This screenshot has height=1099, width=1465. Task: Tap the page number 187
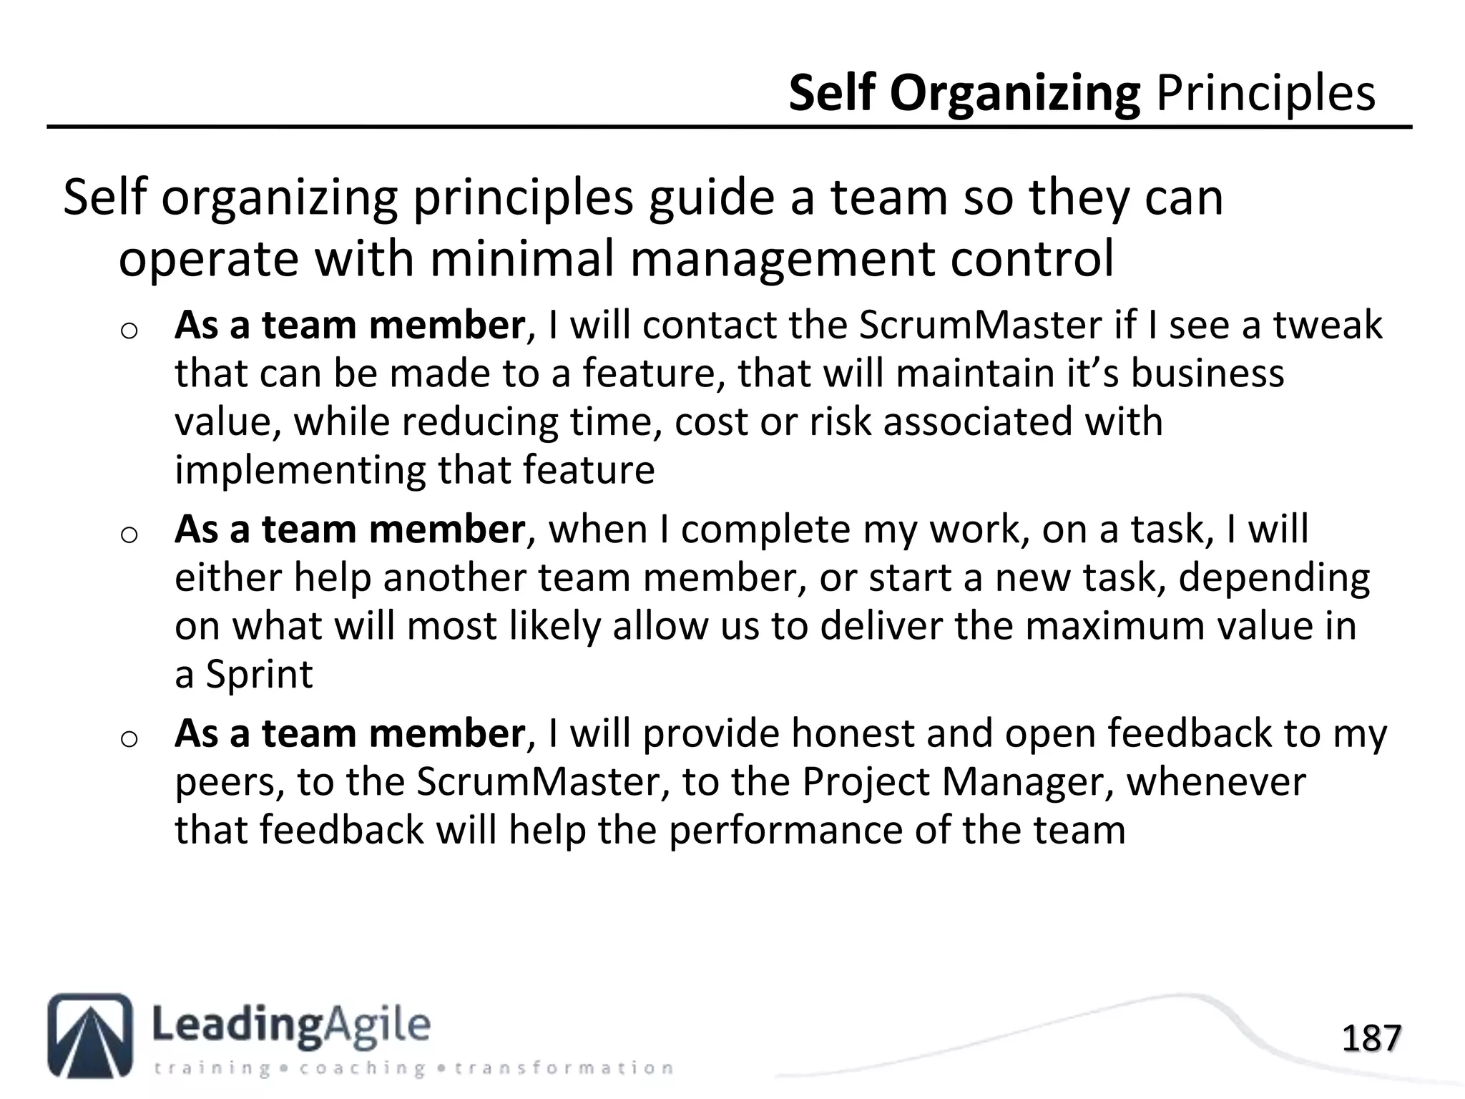(x=1371, y=1038)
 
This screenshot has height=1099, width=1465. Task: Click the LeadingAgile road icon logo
(x=90, y=1035)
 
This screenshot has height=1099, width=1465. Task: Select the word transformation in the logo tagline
(x=564, y=1069)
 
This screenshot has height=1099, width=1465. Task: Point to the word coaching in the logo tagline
(x=363, y=1069)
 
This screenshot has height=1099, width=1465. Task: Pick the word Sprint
(x=260, y=675)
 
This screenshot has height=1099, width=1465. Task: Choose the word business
(x=1207, y=373)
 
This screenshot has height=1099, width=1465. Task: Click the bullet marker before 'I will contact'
(x=129, y=331)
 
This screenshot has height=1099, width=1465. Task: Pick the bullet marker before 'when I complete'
(x=129, y=534)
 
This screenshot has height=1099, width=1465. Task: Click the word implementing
(x=300, y=471)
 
